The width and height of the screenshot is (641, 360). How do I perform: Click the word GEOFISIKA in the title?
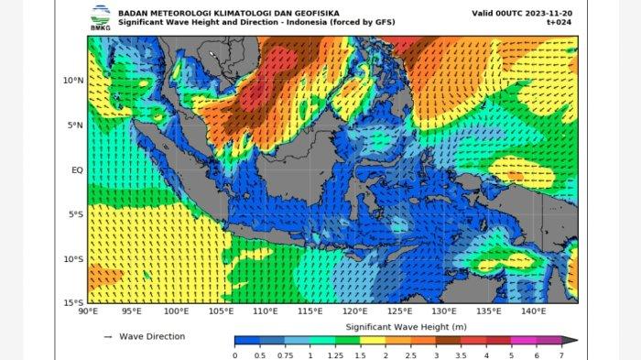tap(263, 13)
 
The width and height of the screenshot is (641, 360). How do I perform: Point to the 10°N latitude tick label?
tap(73, 81)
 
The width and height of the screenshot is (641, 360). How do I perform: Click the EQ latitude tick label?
tap(77, 169)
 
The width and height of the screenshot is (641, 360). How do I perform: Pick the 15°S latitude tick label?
tap(74, 302)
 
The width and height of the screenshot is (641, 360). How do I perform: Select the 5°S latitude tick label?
tap(76, 214)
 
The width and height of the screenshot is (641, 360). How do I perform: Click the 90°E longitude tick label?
tap(89, 312)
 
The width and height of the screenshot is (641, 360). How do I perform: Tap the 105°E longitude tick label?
tap(221, 312)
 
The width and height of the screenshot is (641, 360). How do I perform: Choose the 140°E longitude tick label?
tap(533, 312)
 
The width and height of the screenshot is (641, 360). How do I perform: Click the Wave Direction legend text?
tap(152, 336)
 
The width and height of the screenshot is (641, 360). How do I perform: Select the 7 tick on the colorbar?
tap(560, 355)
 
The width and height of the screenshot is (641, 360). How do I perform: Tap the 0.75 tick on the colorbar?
tap(288, 355)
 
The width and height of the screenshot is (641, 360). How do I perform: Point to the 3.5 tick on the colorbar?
tap(461, 355)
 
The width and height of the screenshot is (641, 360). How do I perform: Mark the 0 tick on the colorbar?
tap(235, 355)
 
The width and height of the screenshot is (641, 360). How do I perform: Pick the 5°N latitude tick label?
tap(76, 125)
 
